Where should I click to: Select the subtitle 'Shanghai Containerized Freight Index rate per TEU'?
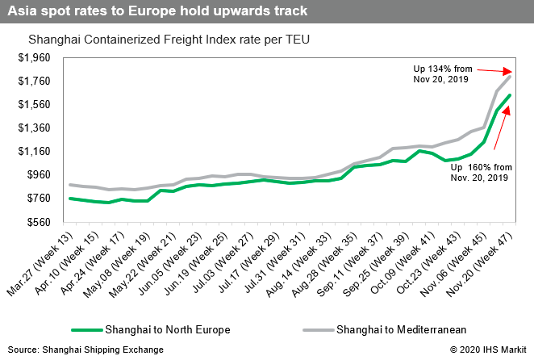(169, 39)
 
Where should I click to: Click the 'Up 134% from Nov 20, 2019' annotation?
(436, 73)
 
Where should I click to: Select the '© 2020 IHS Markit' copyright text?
(485, 349)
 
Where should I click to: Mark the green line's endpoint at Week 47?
(511, 95)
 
